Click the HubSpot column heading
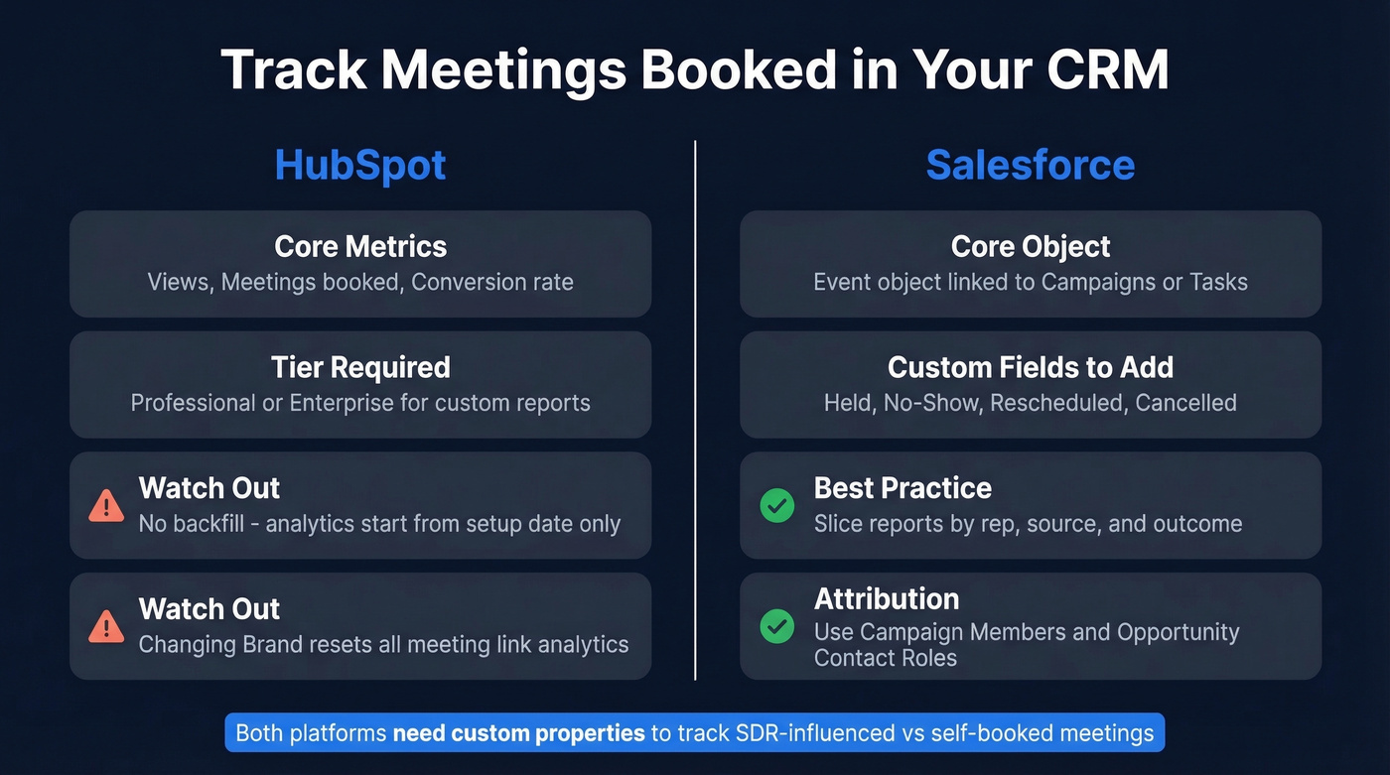(360, 165)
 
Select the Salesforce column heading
(1030, 165)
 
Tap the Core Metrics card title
(360, 246)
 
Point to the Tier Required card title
(360, 367)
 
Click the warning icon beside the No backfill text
(106, 506)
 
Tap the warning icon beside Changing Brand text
(106, 626)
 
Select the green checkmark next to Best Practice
(776, 506)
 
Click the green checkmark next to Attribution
(776, 626)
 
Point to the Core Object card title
(1031, 246)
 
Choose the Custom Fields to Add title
(1031, 367)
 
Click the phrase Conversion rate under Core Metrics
(492, 282)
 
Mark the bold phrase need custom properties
(519, 733)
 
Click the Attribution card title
(887, 598)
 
